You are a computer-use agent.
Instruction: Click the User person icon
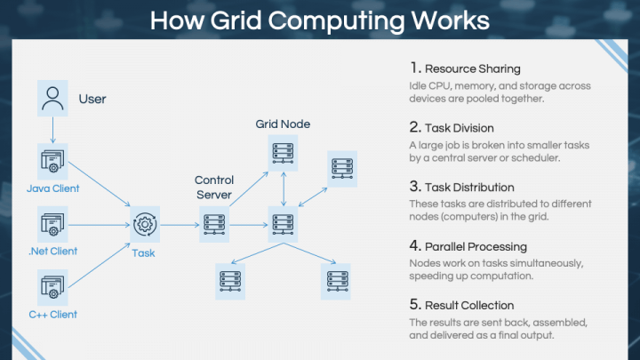pos(52,98)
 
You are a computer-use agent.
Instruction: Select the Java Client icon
pos(52,162)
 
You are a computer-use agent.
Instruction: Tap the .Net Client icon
pos(52,223)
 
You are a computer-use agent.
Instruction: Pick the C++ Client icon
pos(52,286)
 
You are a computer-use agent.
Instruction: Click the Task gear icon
pos(144,224)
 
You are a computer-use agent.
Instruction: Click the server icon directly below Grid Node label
pos(282,156)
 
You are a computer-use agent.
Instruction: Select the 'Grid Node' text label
pos(282,124)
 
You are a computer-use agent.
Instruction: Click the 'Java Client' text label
pos(52,188)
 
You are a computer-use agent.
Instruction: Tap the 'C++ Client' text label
pos(52,314)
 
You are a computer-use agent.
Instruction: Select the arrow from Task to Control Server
pos(179,224)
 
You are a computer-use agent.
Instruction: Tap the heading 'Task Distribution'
pos(469,187)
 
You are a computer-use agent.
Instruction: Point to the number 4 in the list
pos(415,246)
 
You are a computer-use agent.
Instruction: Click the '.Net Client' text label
pos(52,251)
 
